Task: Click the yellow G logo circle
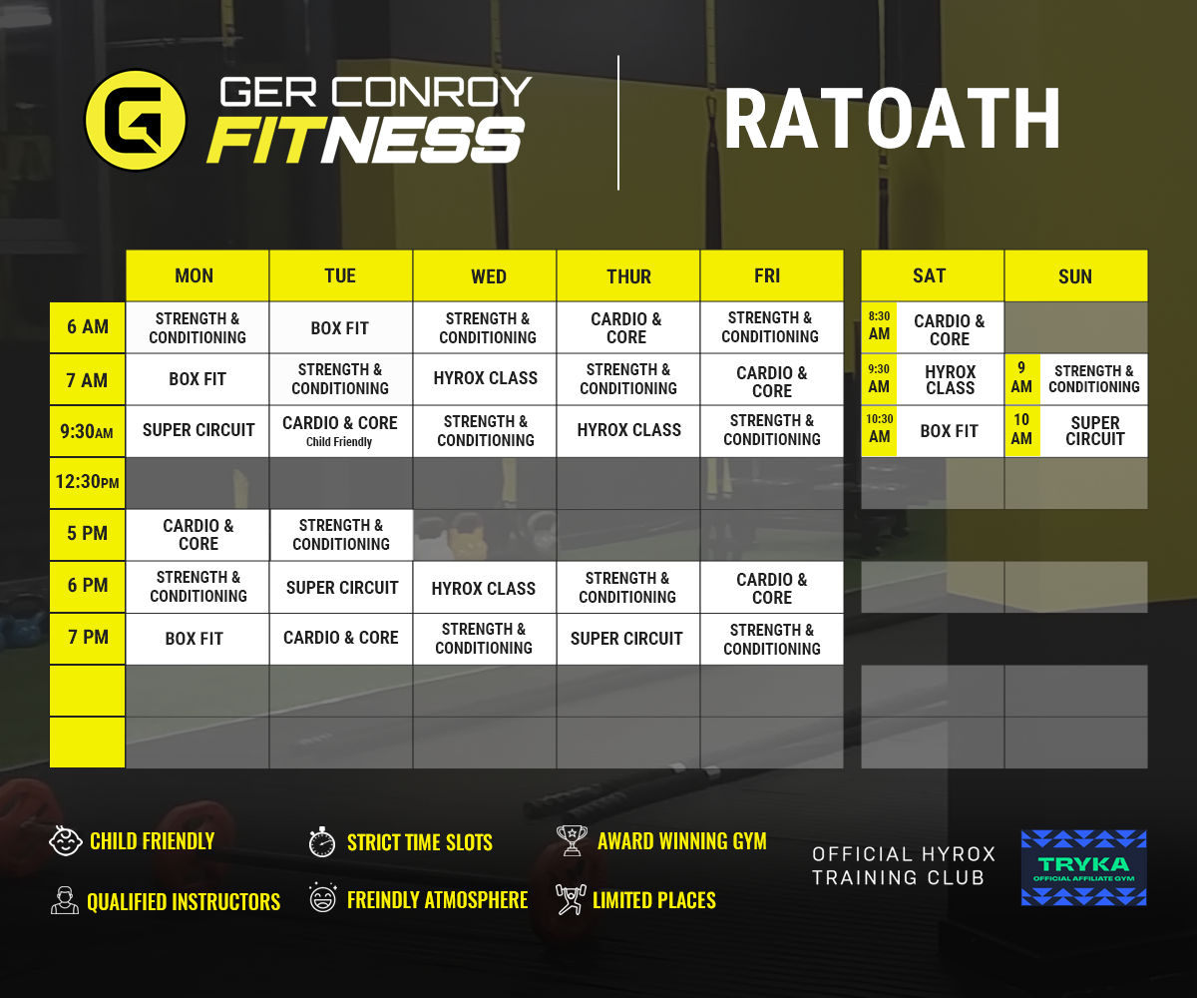pos(137,120)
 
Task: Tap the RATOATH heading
pos(892,120)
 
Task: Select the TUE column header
pos(340,275)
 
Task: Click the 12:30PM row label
pos(87,482)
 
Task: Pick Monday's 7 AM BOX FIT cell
pos(198,379)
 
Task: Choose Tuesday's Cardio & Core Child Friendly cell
pos(340,431)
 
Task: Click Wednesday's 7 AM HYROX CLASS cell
pos(485,378)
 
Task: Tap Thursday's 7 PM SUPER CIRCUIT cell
pos(626,639)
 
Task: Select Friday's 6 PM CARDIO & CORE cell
pos(771,588)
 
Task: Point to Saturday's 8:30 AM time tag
pos(879,326)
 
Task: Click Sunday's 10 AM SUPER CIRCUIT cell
pos(1094,431)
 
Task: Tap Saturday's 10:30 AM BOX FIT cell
pos(949,431)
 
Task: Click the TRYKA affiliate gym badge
pos(1083,867)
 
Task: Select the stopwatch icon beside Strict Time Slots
pos(321,841)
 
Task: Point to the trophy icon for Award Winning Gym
pos(572,840)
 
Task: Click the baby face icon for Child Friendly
pos(65,840)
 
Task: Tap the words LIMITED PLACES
pos(653,900)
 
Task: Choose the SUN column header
pos(1075,276)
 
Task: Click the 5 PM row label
pos(87,534)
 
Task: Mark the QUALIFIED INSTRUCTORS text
pos(184,902)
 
